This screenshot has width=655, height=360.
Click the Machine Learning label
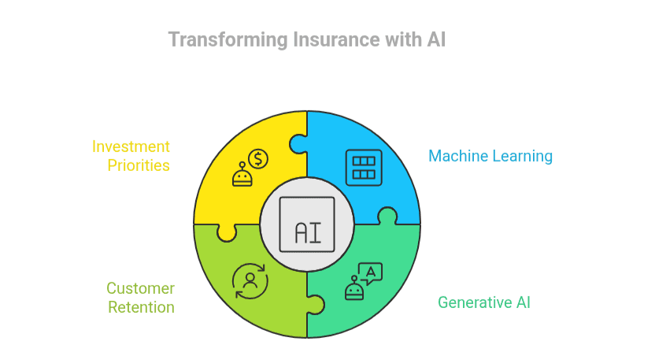(490, 156)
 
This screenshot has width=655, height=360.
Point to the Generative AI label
(483, 302)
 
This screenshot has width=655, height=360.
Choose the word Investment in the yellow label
(131, 147)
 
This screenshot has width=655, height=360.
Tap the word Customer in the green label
(140, 288)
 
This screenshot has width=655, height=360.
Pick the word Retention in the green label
(142, 307)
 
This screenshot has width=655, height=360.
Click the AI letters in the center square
(306, 232)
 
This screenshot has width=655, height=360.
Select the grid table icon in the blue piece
(363, 167)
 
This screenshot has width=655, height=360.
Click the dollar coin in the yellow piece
(257, 160)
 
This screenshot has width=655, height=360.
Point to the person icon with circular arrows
(250, 281)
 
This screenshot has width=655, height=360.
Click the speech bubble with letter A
(370, 273)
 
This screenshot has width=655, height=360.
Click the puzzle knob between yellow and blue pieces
(298, 144)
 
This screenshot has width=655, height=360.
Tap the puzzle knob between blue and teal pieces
(387, 216)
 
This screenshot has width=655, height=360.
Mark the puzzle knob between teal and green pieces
(315, 303)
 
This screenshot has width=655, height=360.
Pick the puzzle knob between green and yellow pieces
(227, 232)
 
